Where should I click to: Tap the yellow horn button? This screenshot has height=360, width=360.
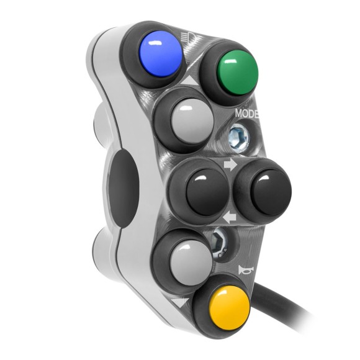point(222,307)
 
